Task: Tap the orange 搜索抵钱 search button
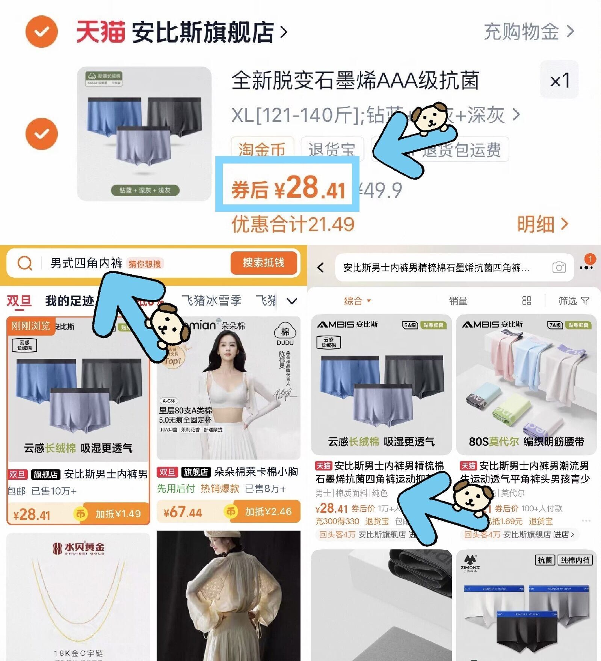(x=263, y=263)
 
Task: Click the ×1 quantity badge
(x=559, y=80)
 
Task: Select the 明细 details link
(x=542, y=224)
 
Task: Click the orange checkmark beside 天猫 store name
(x=42, y=32)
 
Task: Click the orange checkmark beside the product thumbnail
(x=42, y=134)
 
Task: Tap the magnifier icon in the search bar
(x=25, y=263)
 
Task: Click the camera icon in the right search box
(x=559, y=268)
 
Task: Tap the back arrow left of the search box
(x=320, y=268)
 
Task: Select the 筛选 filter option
(x=574, y=301)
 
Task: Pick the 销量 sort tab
(x=458, y=301)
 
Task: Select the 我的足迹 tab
(x=69, y=301)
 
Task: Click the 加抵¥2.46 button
(x=268, y=511)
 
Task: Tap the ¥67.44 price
(x=183, y=512)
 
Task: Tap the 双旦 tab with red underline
(x=19, y=301)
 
